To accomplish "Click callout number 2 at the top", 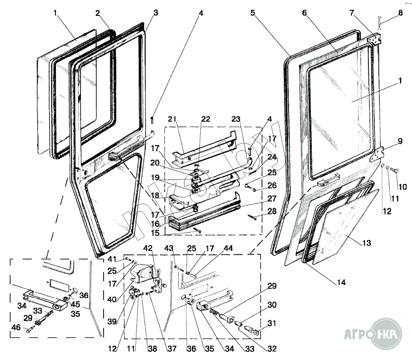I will click(98, 12).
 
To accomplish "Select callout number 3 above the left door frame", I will click(156, 12).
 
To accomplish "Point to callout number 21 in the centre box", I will click(173, 119).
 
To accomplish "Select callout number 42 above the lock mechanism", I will click(148, 247).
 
